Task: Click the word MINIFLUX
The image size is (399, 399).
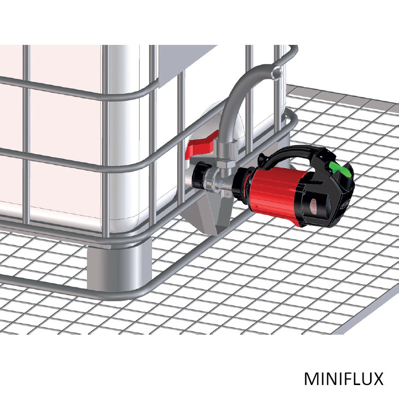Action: [344, 379]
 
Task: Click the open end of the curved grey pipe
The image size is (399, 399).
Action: [277, 73]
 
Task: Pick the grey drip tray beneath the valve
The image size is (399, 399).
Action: [207, 215]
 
